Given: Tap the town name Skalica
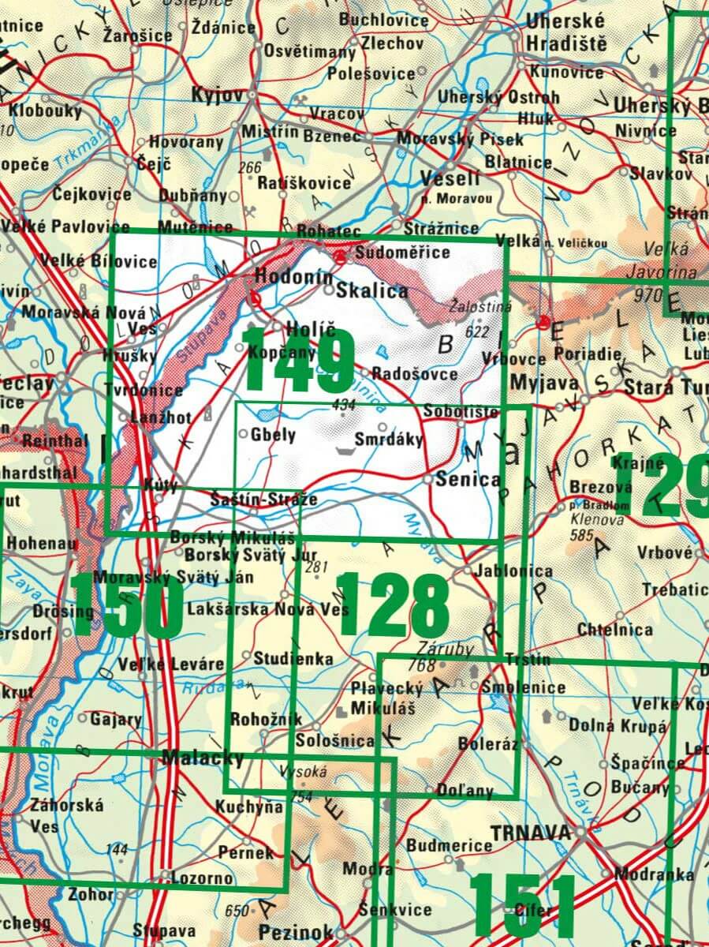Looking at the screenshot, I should coord(372,290).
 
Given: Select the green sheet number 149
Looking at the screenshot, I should coord(298,359).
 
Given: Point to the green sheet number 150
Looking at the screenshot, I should coord(126,605).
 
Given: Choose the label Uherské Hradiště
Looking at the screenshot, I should coord(566,32).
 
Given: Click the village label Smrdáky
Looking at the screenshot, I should coord(388,439).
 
